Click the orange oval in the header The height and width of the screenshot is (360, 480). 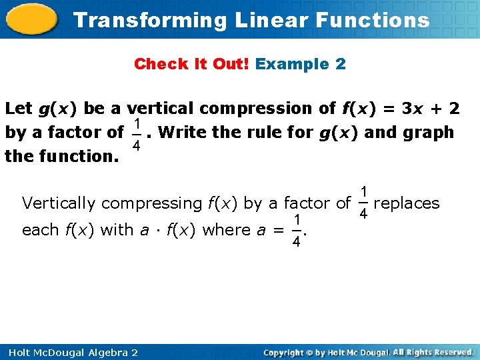[x=32, y=19]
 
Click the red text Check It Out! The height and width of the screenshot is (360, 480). [x=192, y=64]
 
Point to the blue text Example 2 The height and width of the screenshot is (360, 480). [x=301, y=64]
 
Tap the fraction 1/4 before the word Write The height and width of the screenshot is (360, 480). [x=136, y=133]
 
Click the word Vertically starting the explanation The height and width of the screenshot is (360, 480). [x=59, y=203]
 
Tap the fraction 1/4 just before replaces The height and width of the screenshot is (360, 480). [x=363, y=203]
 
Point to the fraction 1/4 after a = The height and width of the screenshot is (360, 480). [x=296, y=231]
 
